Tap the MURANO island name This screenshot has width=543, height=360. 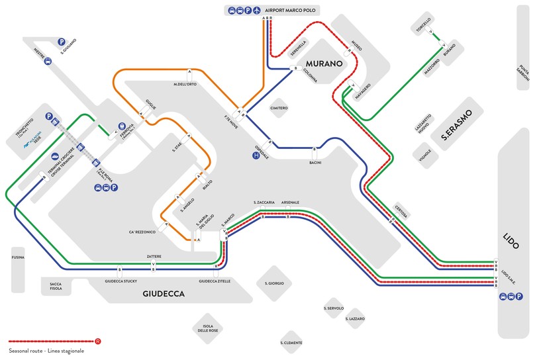(322, 64)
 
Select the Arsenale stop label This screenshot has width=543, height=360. (290, 202)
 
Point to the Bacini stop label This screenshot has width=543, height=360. (315, 162)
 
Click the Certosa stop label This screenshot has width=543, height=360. (401, 208)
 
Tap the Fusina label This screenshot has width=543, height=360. (19, 257)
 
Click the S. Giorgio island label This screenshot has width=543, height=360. (274, 283)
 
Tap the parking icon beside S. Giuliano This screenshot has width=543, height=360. (60, 41)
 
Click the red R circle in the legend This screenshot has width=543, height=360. (98, 341)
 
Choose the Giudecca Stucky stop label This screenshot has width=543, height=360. (121, 281)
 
